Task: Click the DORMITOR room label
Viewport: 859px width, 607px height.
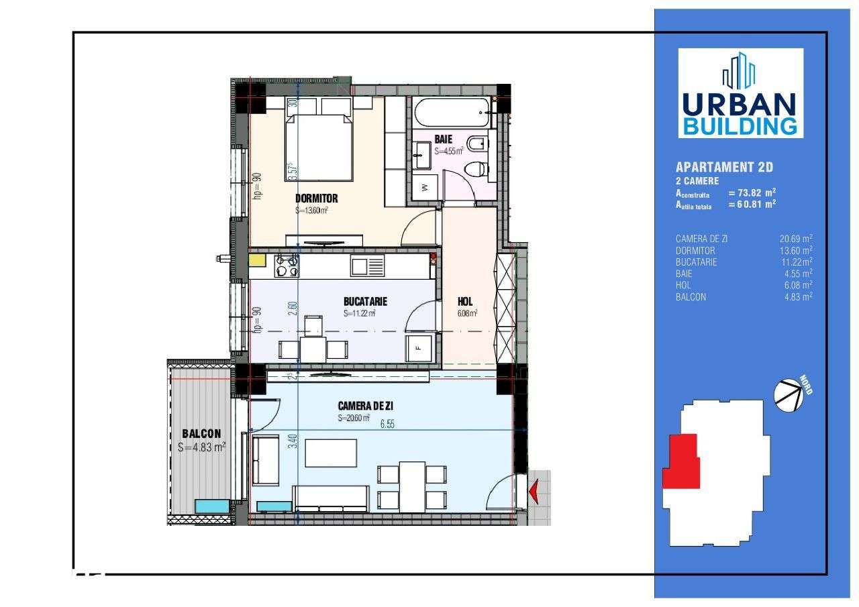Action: (x=316, y=199)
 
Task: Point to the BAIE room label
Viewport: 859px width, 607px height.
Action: (x=444, y=139)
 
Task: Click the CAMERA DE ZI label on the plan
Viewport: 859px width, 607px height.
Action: (x=365, y=406)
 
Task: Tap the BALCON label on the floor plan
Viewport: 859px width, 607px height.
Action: (x=201, y=434)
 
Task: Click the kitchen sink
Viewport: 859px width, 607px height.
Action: (x=367, y=267)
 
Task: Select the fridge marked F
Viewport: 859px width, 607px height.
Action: (x=417, y=348)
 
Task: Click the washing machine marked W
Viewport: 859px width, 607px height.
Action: (x=424, y=188)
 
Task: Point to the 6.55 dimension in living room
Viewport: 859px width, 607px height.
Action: (x=387, y=424)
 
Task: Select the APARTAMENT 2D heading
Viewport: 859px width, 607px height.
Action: (x=719, y=168)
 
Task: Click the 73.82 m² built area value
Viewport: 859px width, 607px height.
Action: (x=752, y=192)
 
